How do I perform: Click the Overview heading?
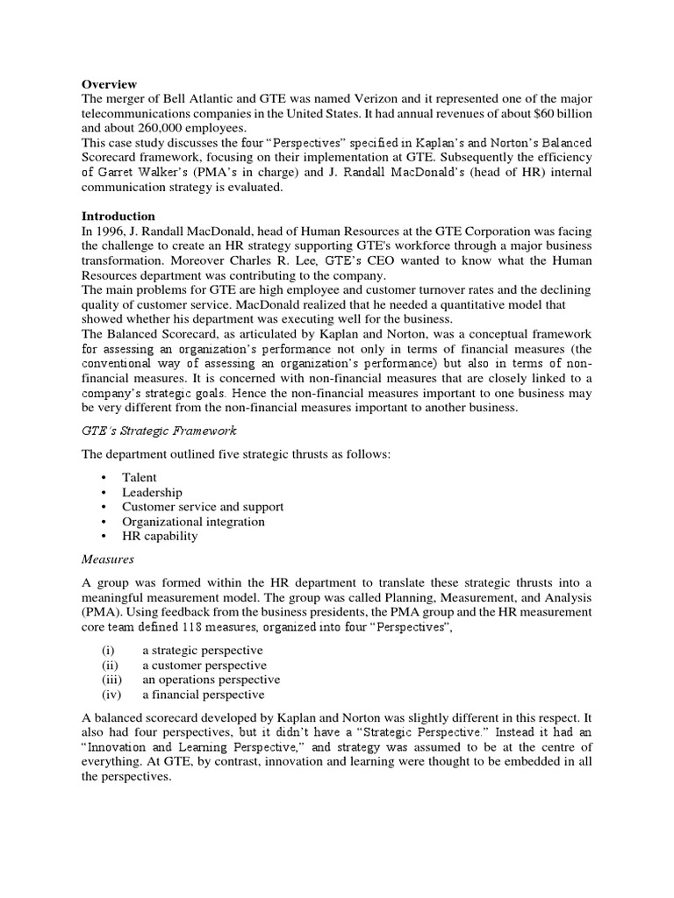[112, 83]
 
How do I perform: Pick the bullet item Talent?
[140, 478]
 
